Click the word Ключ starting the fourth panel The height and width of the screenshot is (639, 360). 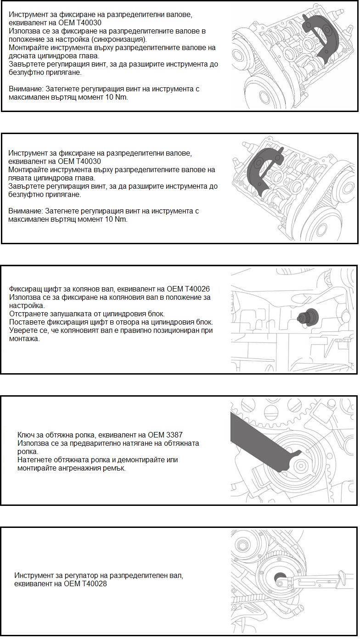26,434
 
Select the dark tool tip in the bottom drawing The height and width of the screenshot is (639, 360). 279,578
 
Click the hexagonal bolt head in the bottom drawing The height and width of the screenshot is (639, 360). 240,545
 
